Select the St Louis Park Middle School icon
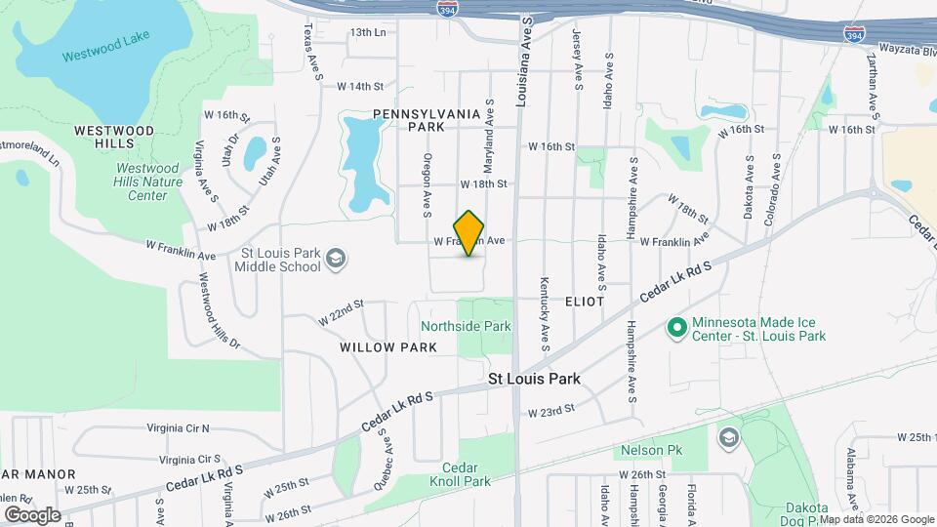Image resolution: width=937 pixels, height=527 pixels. tap(336, 258)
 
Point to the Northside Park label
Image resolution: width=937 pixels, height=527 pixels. tap(466, 326)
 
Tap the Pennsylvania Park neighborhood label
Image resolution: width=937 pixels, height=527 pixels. tap(427, 120)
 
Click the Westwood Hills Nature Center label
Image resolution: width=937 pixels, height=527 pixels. tap(148, 182)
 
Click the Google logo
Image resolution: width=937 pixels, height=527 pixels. tap(32, 514)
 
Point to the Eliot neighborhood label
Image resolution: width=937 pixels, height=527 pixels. tap(585, 302)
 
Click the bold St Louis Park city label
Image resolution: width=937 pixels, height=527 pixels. tap(534, 379)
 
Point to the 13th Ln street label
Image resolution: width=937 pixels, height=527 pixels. tap(368, 32)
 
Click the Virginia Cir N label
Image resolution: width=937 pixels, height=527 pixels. tap(178, 427)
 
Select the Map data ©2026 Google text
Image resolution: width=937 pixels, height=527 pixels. tap(875, 519)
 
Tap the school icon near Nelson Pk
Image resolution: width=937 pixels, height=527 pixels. tap(728, 435)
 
